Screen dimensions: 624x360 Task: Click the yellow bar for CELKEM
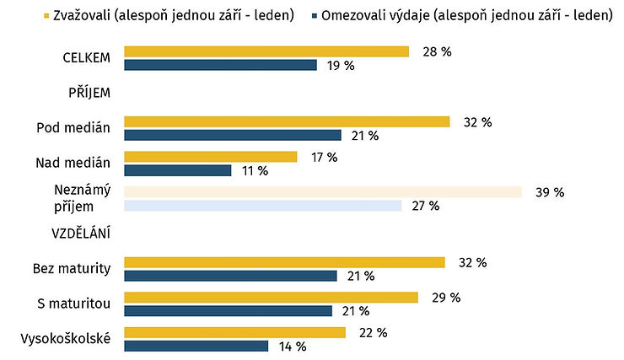coord(266,51)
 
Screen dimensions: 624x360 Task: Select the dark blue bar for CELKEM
coord(220,65)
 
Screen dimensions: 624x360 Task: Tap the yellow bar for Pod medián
coord(287,121)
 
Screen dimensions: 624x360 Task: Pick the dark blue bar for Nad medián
coord(177,170)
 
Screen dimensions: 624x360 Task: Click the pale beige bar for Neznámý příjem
coord(323,192)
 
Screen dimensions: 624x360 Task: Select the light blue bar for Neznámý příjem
coord(263,206)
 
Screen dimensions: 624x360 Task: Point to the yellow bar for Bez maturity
coord(284,262)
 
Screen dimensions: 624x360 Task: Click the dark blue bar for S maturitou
coord(228,311)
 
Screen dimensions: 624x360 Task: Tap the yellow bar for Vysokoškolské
coord(234,332)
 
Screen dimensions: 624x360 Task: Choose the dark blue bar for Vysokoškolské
coord(196,346)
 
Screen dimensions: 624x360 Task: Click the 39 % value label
coord(550,192)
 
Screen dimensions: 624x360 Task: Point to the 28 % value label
coord(437,51)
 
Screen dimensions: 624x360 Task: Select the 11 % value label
coord(256,171)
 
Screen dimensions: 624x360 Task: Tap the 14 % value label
coord(293,347)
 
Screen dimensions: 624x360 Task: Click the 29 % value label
coord(446,298)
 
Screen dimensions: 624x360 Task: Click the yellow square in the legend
coord(46,16)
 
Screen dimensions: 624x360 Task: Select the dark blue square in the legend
coord(315,16)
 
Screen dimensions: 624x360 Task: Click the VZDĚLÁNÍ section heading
coord(81,233)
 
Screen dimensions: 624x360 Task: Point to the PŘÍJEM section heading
coord(89,92)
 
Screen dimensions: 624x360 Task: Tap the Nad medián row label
coord(73,163)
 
